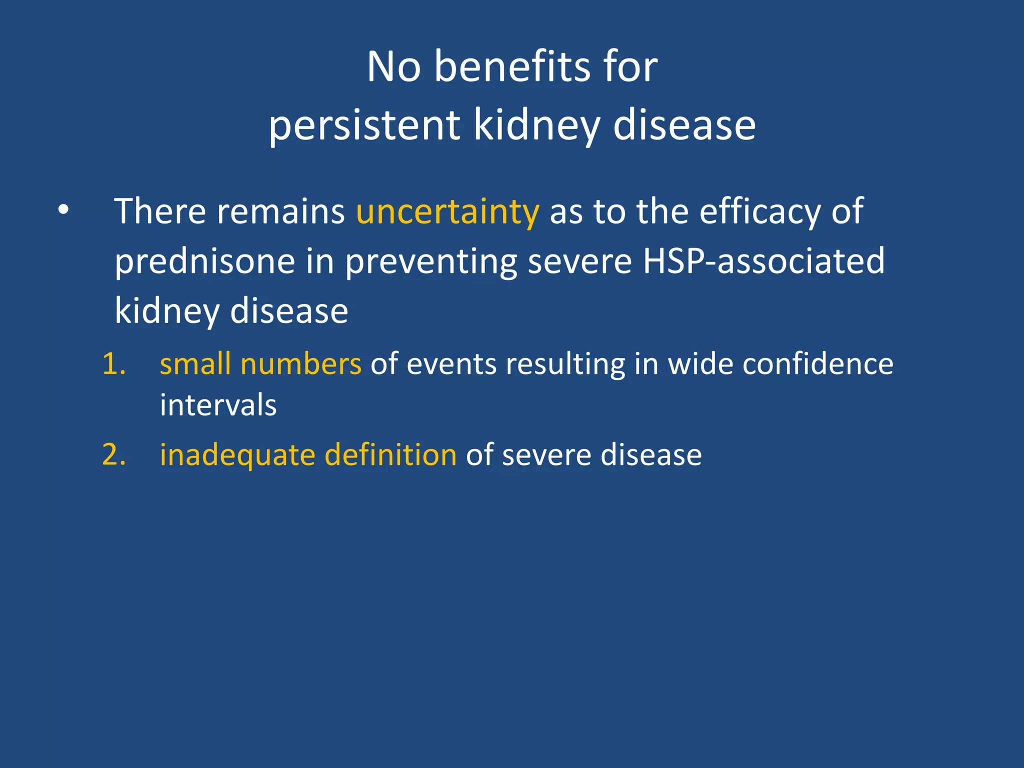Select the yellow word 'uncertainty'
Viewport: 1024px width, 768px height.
tap(447, 211)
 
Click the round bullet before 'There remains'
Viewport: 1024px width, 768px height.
tap(63, 210)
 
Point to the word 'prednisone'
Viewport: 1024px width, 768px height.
tap(205, 261)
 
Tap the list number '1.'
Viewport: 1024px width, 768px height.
tap(114, 363)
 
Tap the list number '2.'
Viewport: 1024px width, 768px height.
tap(114, 455)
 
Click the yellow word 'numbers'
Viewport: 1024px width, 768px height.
tap(300, 363)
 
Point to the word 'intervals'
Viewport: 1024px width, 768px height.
tap(218, 404)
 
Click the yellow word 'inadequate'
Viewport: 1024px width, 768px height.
tap(237, 455)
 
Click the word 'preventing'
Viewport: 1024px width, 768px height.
tap(431, 262)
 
